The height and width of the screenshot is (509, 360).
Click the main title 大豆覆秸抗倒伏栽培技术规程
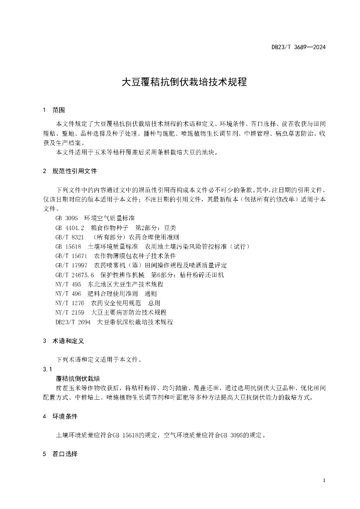pyautogui.click(x=184, y=82)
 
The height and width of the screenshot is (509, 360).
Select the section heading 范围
pyautogui.click(x=58, y=110)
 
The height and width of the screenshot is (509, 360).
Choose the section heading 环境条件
pyautogui.click(x=65, y=416)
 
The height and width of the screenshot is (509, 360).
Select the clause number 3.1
pyautogui.click(x=48, y=369)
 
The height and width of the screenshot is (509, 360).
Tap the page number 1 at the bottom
pyautogui.click(x=324, y=481)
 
